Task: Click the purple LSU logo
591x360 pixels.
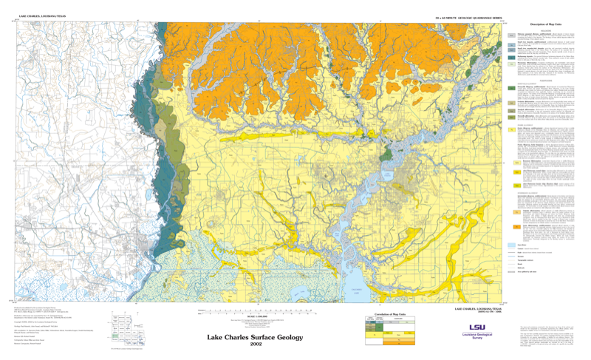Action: coord(476,327)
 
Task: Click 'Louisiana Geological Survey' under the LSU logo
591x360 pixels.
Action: coord(476,336)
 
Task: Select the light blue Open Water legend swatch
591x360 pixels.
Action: coord(511,243)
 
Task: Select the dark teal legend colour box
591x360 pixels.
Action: coord(511,88)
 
